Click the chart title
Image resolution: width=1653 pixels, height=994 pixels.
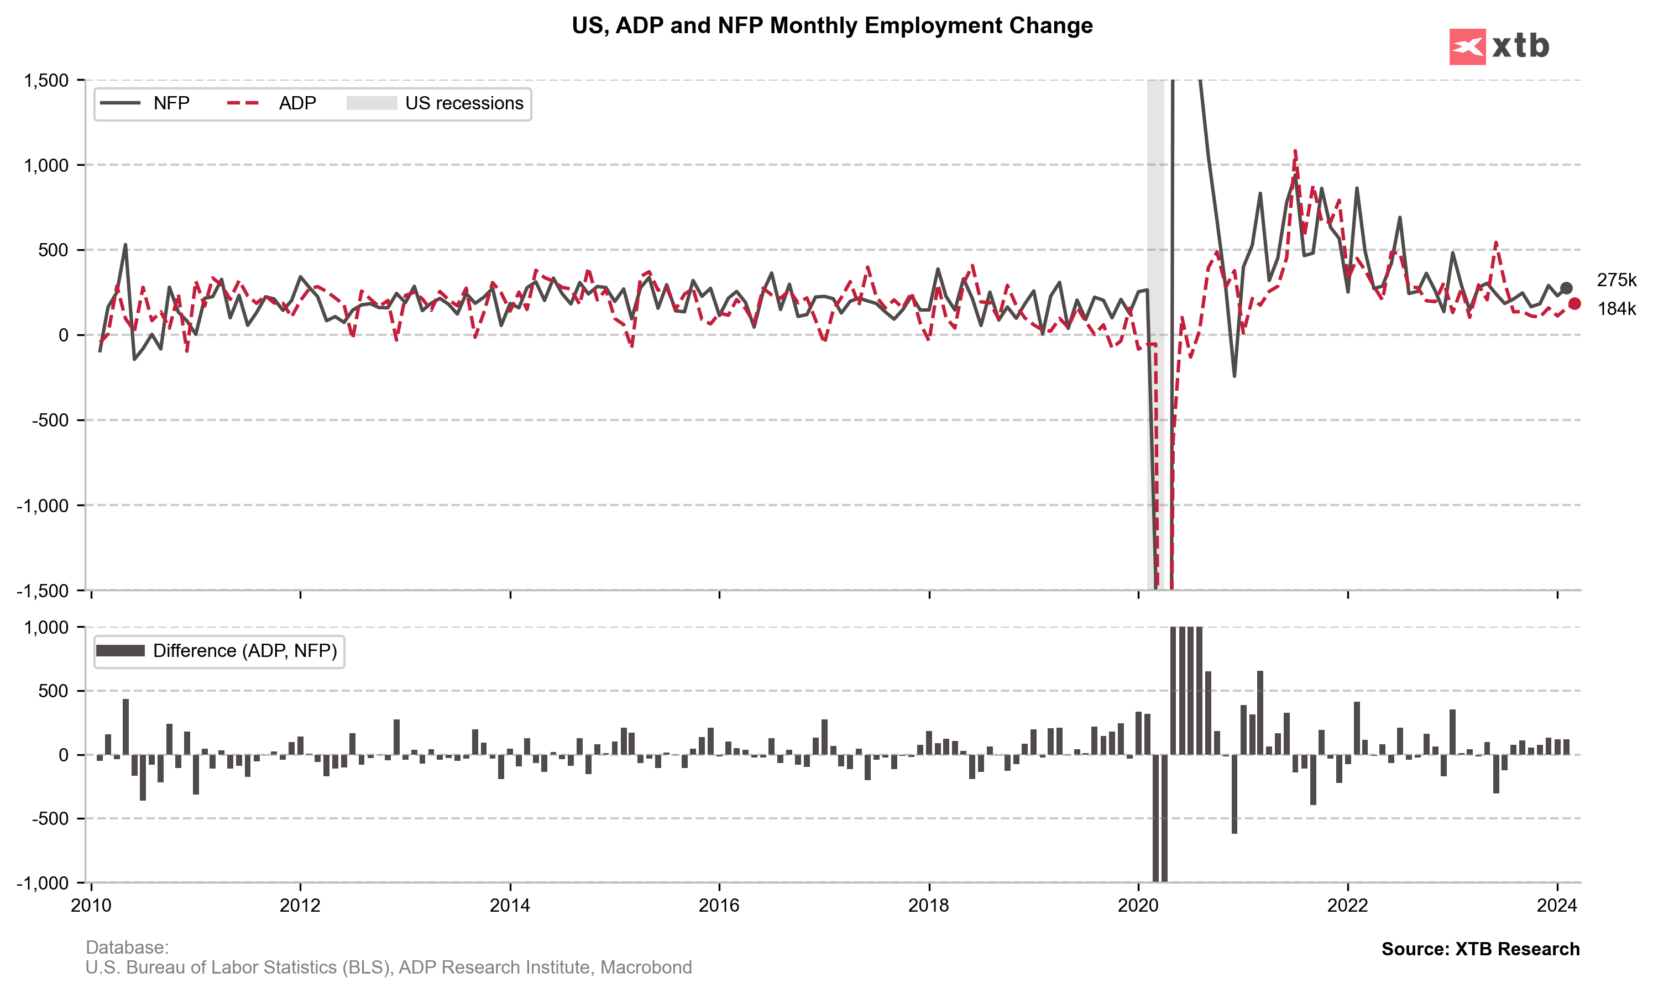(x=831, y=25)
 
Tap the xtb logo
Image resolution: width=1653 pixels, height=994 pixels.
(x=1498, y=46)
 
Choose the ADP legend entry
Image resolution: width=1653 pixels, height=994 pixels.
(x=271, y=103)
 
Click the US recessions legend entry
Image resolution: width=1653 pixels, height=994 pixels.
(x=435, y=103)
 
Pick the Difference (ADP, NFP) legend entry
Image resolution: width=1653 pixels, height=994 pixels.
(x=218, y=650)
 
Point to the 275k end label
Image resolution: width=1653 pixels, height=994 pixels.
(x=1615, y=281)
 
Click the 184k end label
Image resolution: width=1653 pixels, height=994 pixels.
(x=1615, y=309)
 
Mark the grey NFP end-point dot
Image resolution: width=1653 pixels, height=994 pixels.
(x=1565, y=288)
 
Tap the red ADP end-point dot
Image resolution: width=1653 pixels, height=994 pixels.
(x=1574, y=303)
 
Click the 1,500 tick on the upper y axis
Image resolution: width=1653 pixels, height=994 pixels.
(x=46, y=80)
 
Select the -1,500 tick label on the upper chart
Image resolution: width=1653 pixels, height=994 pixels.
(x=43, y=591)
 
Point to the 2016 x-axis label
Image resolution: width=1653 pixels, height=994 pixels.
(x=718, y=906)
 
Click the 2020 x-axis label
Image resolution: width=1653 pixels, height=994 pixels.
(x=1138, y=906)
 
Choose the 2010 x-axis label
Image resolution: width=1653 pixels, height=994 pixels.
(x=91, y=906)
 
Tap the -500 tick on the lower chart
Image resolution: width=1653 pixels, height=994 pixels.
(x=50, y=818)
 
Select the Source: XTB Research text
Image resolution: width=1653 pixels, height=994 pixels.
(x=1479, y=949)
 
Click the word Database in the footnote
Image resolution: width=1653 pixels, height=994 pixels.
(x=127, y=947)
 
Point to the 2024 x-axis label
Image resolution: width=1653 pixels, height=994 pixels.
(x=1556, y=906)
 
